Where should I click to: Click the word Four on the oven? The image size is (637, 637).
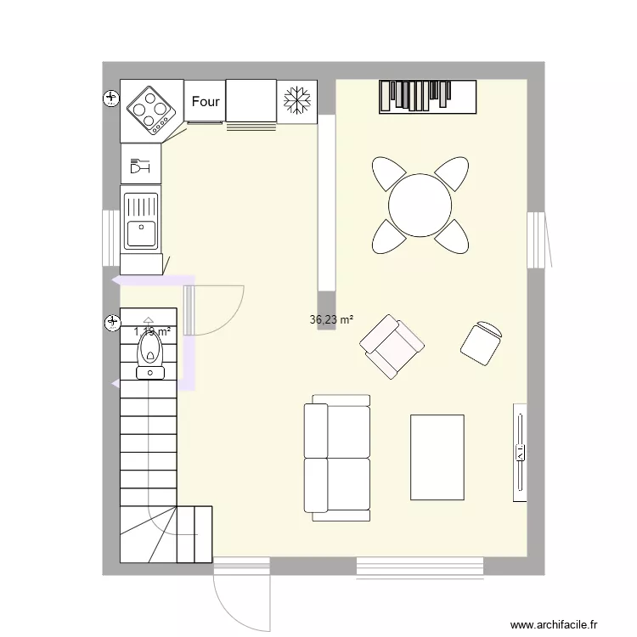tap(206, 102)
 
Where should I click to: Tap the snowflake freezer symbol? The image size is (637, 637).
tap(296, 100)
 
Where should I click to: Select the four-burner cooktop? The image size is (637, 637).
tap(152, 110)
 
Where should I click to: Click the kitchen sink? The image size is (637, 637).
tap(141, 222)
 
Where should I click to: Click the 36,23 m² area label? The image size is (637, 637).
tap(331, 320)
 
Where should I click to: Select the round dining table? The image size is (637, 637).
tap(420, 205)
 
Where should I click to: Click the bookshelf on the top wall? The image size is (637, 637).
tap(428, 96)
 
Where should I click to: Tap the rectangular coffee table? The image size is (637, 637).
tap(437, 457)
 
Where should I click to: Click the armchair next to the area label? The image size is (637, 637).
tap(392, 346)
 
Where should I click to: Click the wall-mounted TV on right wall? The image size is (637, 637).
tap(519, 452)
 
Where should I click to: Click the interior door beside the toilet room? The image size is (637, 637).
tap(214, 309)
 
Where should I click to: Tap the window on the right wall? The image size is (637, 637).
tap(537, 240)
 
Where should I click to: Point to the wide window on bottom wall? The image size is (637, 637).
tap(420, 566)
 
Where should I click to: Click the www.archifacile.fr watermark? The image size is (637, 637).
tap(560, 625)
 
